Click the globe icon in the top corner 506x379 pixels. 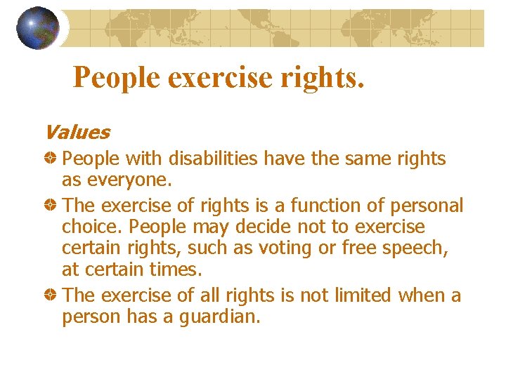tap(37, 27)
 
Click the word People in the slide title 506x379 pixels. tap(116, 77)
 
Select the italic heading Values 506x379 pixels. tap(76, 132)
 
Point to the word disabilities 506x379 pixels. tap(214, 159)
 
